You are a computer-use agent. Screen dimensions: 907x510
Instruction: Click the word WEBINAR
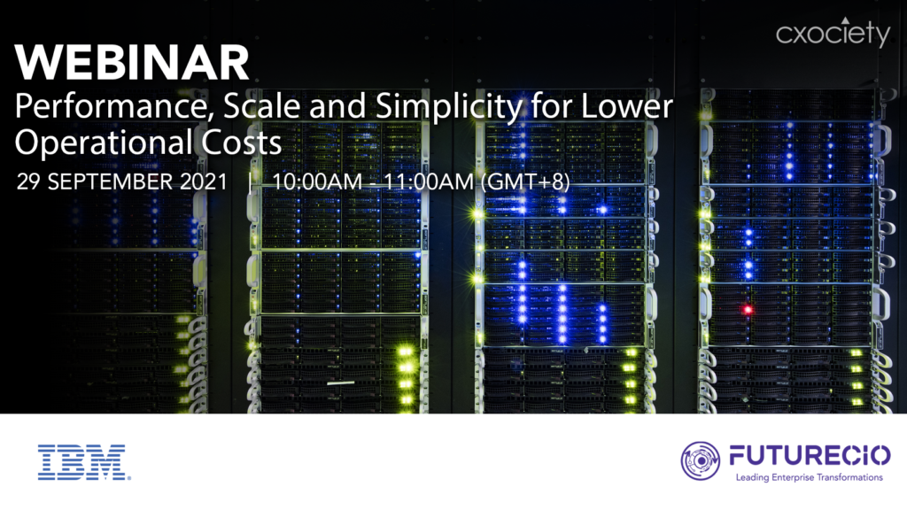point(132,62)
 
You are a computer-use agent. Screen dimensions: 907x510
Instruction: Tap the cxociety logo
point(833,33)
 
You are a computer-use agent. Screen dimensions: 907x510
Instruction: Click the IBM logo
point(84,462)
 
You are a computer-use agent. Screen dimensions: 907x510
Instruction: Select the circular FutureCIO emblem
point(700,460)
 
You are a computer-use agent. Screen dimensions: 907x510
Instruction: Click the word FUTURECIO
point(810,456)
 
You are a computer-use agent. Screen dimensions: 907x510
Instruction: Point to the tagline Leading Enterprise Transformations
point(810,477)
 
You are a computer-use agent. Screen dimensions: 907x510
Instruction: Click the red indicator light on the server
point(748,310)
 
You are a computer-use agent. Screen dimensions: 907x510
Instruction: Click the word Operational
point(104,143)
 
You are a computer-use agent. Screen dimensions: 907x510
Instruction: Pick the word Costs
point(241,143)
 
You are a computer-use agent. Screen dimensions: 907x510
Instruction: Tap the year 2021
point(204,182)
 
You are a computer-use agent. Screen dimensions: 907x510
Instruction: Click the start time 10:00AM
point(316,182)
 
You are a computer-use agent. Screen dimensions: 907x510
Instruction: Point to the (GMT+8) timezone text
point(525,182)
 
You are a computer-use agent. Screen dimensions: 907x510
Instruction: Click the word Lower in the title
point(626,107)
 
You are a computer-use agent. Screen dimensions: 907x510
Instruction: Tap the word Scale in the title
point(261,107)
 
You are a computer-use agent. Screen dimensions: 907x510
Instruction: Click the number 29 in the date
point(28,182)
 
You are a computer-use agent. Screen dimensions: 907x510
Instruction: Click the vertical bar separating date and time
point(250,182)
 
